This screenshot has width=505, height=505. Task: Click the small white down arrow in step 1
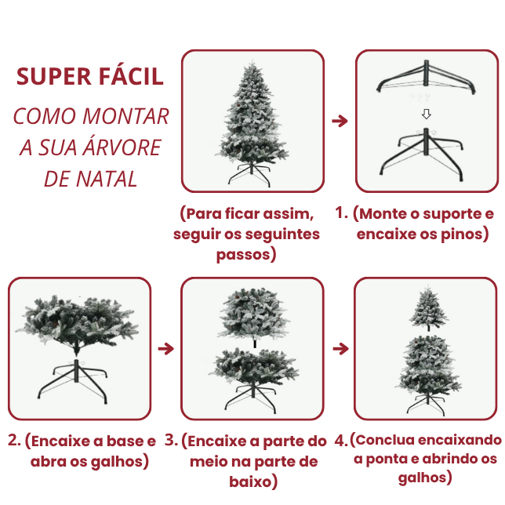coord(426,114)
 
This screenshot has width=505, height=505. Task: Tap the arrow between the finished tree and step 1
coord(340,122)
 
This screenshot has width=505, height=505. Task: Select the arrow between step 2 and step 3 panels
coord(165,348)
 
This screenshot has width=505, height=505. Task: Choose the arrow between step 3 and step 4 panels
coord(340,348)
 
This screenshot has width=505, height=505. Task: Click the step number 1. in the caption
coord(341,213)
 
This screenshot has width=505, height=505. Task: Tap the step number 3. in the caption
coord(172,441)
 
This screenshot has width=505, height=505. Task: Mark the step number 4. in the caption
coord(340,441)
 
